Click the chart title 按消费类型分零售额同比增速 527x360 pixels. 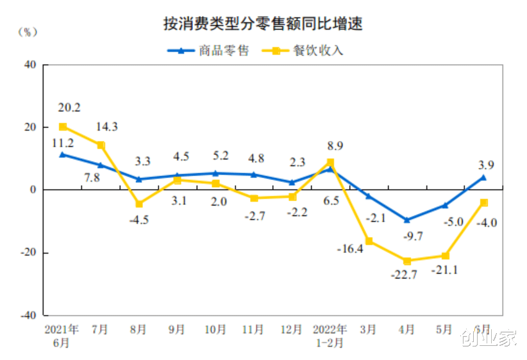[263, 25]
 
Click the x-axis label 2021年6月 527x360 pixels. [62, 336]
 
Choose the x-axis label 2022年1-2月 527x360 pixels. [330, 336]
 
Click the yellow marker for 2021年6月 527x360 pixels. [63, 127]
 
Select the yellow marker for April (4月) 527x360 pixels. [407, 261]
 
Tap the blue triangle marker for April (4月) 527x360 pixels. [407, 220]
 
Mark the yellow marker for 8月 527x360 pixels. [139, 204]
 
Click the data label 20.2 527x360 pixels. [69, 108]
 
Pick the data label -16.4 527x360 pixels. [350, 249]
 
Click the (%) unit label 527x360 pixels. [28, 31]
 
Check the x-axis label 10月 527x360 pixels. [215, 330]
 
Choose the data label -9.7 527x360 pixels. [410, 236]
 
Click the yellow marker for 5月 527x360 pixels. [445, 256]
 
